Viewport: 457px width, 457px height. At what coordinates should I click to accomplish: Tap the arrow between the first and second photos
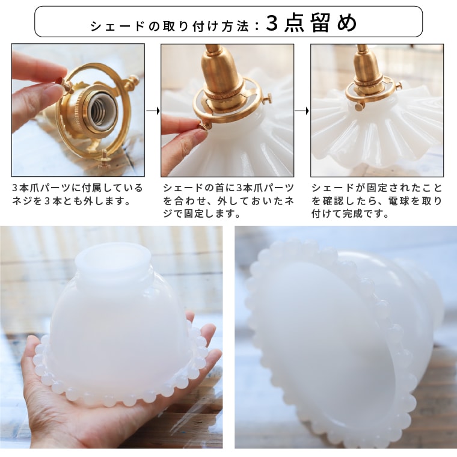pyautogui.click(x=153, y=111)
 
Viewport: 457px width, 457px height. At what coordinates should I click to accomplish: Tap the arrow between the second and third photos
pyautogui.click(x=302, y=111)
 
